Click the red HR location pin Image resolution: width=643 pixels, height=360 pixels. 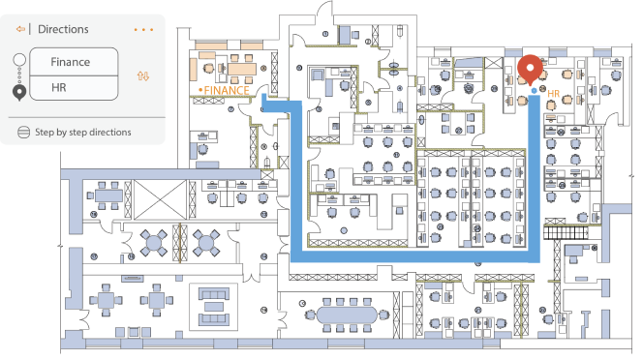coord(530,69)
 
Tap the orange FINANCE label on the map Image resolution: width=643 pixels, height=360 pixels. coord(227,90)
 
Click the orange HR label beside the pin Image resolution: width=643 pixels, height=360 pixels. coord(554,94)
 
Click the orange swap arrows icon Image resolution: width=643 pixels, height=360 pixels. coord(143,75)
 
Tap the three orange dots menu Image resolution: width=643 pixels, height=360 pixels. coord(143,30)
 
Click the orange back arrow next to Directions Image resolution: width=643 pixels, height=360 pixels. coord(20,29)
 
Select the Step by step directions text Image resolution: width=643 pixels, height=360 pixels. coord(83,132)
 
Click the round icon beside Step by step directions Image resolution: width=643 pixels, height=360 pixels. coord(24,132)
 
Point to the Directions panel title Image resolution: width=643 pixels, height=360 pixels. coord(63,29)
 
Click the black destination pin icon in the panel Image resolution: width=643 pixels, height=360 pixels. coord(19,93)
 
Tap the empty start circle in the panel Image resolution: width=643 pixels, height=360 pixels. coord(19,60)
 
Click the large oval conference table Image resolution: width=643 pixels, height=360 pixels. coord(347,315)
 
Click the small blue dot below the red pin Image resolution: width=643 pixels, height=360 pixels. coord(534,90)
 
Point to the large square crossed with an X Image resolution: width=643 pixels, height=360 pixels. coord(161,199)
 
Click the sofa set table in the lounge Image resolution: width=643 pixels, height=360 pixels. coord(213,306)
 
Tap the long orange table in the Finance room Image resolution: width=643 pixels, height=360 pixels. coord(242,69)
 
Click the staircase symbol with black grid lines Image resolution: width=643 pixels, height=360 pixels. coord(566,233)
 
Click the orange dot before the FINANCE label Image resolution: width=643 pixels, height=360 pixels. coord(200,90)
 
